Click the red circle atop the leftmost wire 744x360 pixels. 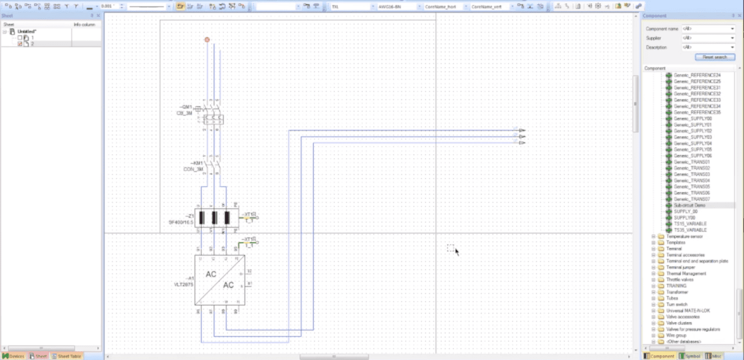coord(207,39)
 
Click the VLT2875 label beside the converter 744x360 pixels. coord(184,284)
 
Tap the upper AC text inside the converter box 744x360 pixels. coord(211,274)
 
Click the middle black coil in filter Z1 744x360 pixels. coord(214,218)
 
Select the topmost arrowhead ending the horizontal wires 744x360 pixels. coord(522,131)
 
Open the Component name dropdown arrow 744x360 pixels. coord(733,29)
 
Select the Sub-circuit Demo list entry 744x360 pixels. coord(689,205)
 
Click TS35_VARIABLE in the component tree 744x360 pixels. coord(690,230)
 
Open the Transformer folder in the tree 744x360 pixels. coord(677,292)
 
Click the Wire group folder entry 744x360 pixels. coord(676,335)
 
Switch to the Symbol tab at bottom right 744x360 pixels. coord(689,356)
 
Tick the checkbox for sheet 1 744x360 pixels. coord(20,37)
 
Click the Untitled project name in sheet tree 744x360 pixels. coord(28,32)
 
